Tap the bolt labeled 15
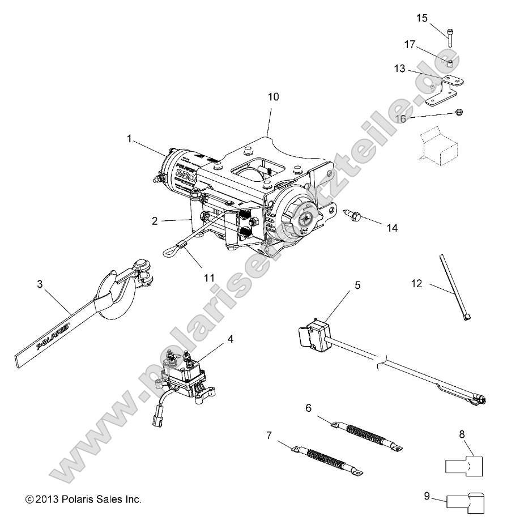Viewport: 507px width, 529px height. (449, 36)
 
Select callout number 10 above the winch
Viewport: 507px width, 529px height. (273, 97)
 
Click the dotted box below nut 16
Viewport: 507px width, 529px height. (439, 144)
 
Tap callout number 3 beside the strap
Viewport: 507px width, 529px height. (40, 284)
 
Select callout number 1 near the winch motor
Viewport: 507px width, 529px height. (131, 138)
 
